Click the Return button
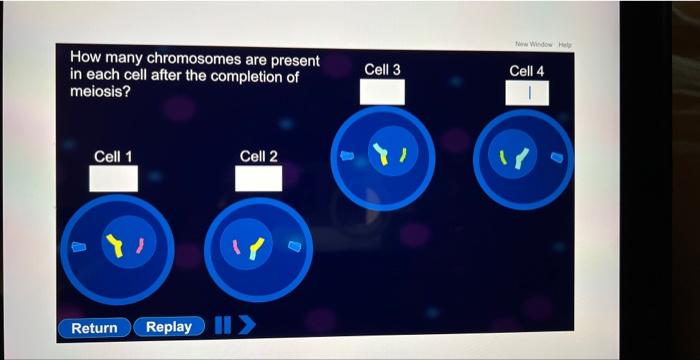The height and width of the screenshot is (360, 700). click(94, 327)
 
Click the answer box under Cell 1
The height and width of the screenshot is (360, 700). click(113, 179)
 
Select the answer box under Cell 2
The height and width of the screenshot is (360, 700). click(258, 178)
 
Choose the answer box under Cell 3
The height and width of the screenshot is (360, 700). click(383, 91)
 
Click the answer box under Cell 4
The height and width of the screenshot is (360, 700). click(527, 93)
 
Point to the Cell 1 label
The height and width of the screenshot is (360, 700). click(113, 156)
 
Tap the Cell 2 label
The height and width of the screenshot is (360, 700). click(259, 156)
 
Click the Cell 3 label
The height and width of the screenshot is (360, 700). click(383, 69)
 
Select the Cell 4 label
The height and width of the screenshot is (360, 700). click(527, 71)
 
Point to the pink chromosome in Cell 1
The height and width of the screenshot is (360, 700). click(140, 245)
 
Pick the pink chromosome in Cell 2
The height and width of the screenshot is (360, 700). click(237, 246)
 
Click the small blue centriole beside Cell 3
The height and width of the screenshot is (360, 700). click(347, 155)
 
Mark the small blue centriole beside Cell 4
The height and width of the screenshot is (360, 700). click(557, 156)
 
